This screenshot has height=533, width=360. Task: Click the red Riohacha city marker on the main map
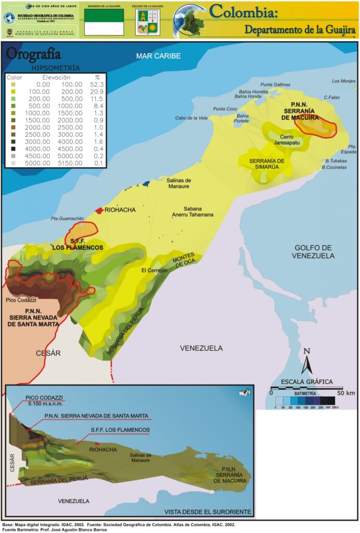(99, 210)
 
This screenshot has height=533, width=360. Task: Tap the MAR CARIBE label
(158, 56)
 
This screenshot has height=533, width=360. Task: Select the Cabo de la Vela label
(191, 118)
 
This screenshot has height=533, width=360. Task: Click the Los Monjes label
(343, 81)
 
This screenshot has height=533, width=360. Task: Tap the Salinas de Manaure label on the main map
(179, 183)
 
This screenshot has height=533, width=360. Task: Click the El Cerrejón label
(155, 271)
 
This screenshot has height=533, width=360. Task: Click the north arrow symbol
(307, 361)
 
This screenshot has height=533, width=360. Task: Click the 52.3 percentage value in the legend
(97, 84)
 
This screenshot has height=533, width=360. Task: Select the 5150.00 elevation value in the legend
(69, 163)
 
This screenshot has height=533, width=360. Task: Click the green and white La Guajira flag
(104, 22)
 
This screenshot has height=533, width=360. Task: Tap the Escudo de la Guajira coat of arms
(147, 22)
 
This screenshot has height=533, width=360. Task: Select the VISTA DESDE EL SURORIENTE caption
(207, 512)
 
